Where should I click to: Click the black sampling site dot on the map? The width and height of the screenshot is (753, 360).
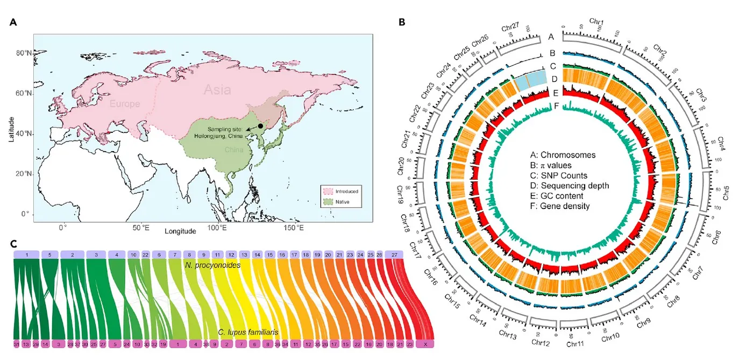point(260,126)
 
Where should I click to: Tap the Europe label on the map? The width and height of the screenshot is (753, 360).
point(125,103)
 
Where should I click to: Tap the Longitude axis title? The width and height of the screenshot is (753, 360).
point(180,231)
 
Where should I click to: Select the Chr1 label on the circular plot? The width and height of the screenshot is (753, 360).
point(596,22)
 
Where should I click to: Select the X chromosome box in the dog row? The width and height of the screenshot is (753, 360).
point(426,344)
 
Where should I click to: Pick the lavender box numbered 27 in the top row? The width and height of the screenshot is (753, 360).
point(395,254)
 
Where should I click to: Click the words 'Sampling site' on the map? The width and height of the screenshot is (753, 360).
point(226,129)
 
